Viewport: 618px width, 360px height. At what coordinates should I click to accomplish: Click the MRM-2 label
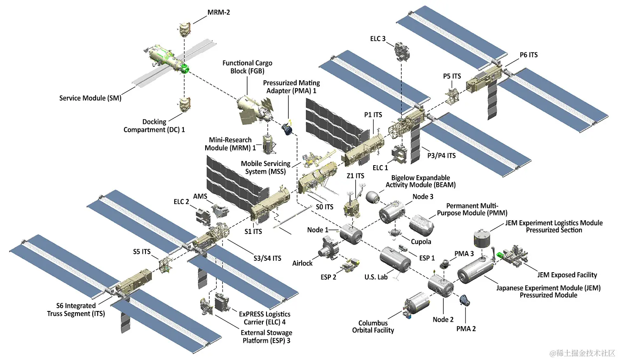(218, 12)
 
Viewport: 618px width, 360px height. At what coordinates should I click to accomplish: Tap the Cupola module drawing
(395, 233)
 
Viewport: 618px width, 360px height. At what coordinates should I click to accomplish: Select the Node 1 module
(351, 234)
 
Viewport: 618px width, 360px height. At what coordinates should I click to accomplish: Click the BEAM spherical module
(373, 197)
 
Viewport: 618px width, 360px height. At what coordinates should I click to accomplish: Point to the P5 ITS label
(452, 76)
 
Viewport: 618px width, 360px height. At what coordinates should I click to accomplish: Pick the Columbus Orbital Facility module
(417, 305)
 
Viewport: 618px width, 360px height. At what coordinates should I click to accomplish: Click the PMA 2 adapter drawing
(464, 301)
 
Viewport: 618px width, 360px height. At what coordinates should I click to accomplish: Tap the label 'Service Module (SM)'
(90, 98)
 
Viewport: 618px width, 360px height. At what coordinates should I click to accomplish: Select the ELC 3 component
(402, 51)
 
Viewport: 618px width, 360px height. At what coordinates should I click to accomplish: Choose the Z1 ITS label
(355, 176)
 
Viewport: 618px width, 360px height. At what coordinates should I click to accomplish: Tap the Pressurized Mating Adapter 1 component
(287, 129)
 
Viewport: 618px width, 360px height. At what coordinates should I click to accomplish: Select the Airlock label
(302, 263)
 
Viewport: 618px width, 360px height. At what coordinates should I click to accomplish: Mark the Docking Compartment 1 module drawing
(185, 105)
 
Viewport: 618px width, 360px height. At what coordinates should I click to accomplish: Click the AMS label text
(200, 196)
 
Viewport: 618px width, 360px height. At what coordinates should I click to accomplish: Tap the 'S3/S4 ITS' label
(267, 258)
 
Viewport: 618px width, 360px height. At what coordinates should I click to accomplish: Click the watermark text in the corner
(582, 353)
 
